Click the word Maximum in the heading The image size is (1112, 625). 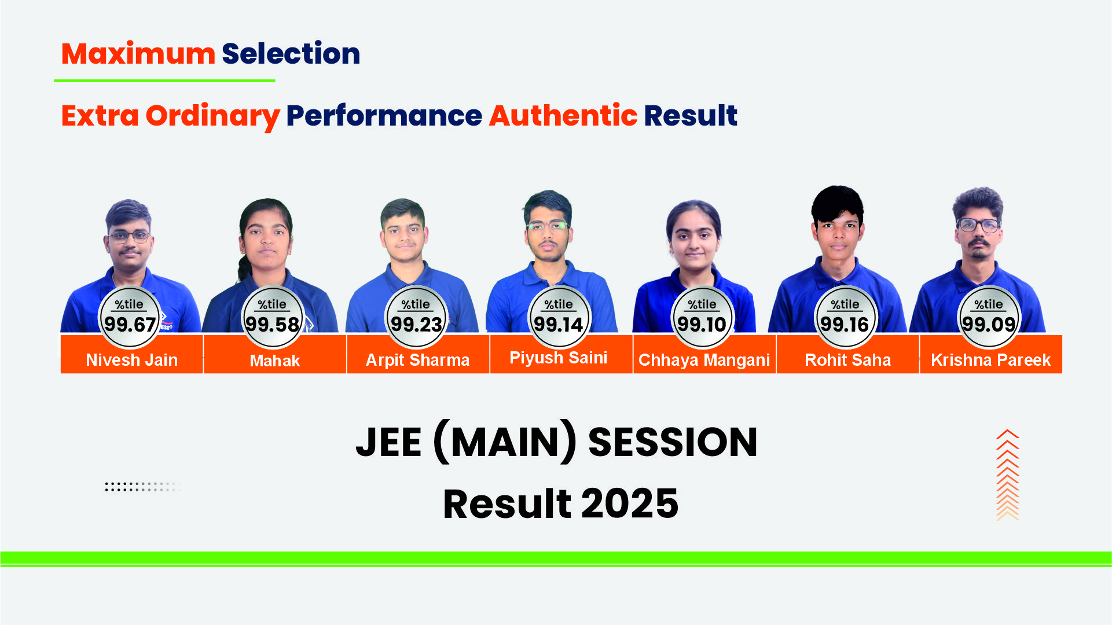tap(138, 54)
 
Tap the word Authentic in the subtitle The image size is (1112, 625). tap(563, 115)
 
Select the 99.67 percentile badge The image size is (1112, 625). tap(130, 317)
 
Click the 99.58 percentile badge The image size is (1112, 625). tap(273, 317)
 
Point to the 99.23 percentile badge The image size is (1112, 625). tap(416, 317)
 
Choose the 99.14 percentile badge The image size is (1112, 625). tap(559, 317)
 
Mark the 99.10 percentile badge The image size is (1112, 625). tap(702, 317)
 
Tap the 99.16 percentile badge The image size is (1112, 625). tap(846, 317)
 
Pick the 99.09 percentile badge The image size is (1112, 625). tap(989, 317)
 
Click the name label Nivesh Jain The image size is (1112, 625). tap(132, 360)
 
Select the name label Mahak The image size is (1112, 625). tap(275, 361)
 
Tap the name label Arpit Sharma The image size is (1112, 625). tap(417, 361)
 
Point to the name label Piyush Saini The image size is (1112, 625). tap(559, 358)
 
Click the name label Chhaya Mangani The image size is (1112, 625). tap(704, 360)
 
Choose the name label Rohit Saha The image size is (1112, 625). tap(848, 360)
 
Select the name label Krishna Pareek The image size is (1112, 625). tap(991, 360)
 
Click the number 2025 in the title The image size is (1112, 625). tap(630, 503)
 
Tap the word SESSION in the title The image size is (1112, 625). tap(673, 443)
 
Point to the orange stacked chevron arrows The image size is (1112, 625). tap(1008, 475)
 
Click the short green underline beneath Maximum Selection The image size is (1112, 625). tap(164, 80)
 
